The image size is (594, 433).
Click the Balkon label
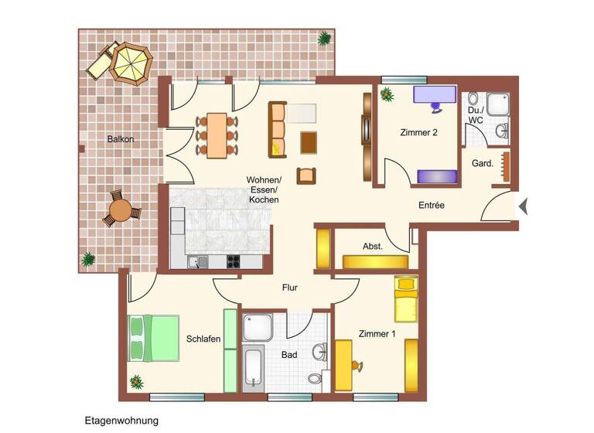tap(120, 139)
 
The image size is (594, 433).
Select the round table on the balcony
tap(121, 209)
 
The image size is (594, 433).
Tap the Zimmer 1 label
tap(377, 334)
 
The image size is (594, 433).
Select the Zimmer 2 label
tap(418, 132)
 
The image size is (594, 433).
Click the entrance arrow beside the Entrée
tap(524, 206)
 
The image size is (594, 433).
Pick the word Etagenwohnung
tap(121, 421)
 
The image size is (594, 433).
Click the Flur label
tap(289, 288)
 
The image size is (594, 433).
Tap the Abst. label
tap(373, 246)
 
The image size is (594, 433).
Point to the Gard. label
tap(483, 163)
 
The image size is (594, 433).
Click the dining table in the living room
tap(217, 135)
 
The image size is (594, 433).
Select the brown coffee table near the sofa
tap(309, 142)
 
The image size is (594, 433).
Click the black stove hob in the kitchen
tap(233, 261)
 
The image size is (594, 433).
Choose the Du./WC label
tap(476, 115)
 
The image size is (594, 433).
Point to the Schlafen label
tap(203, 339)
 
